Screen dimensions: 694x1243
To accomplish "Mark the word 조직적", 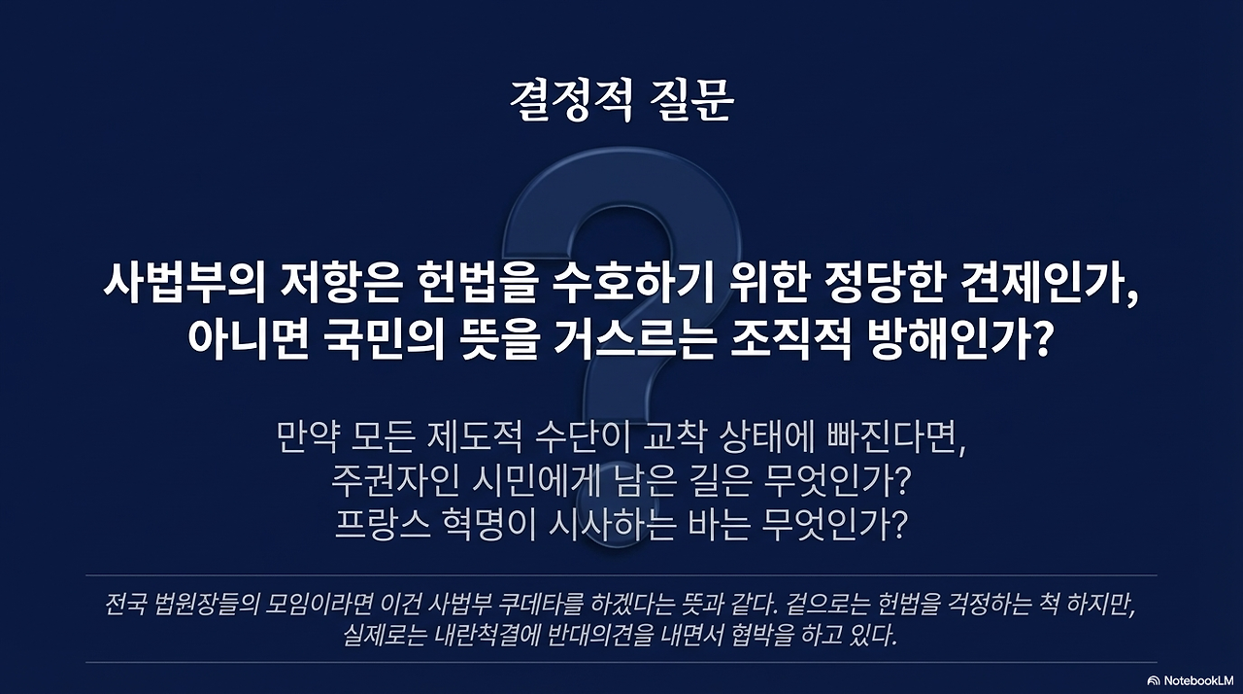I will click(x=782, y=339).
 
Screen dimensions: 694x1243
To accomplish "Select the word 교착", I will click(x=676, y=438).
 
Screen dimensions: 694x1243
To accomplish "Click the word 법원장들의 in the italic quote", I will click(x=209, y=605).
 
